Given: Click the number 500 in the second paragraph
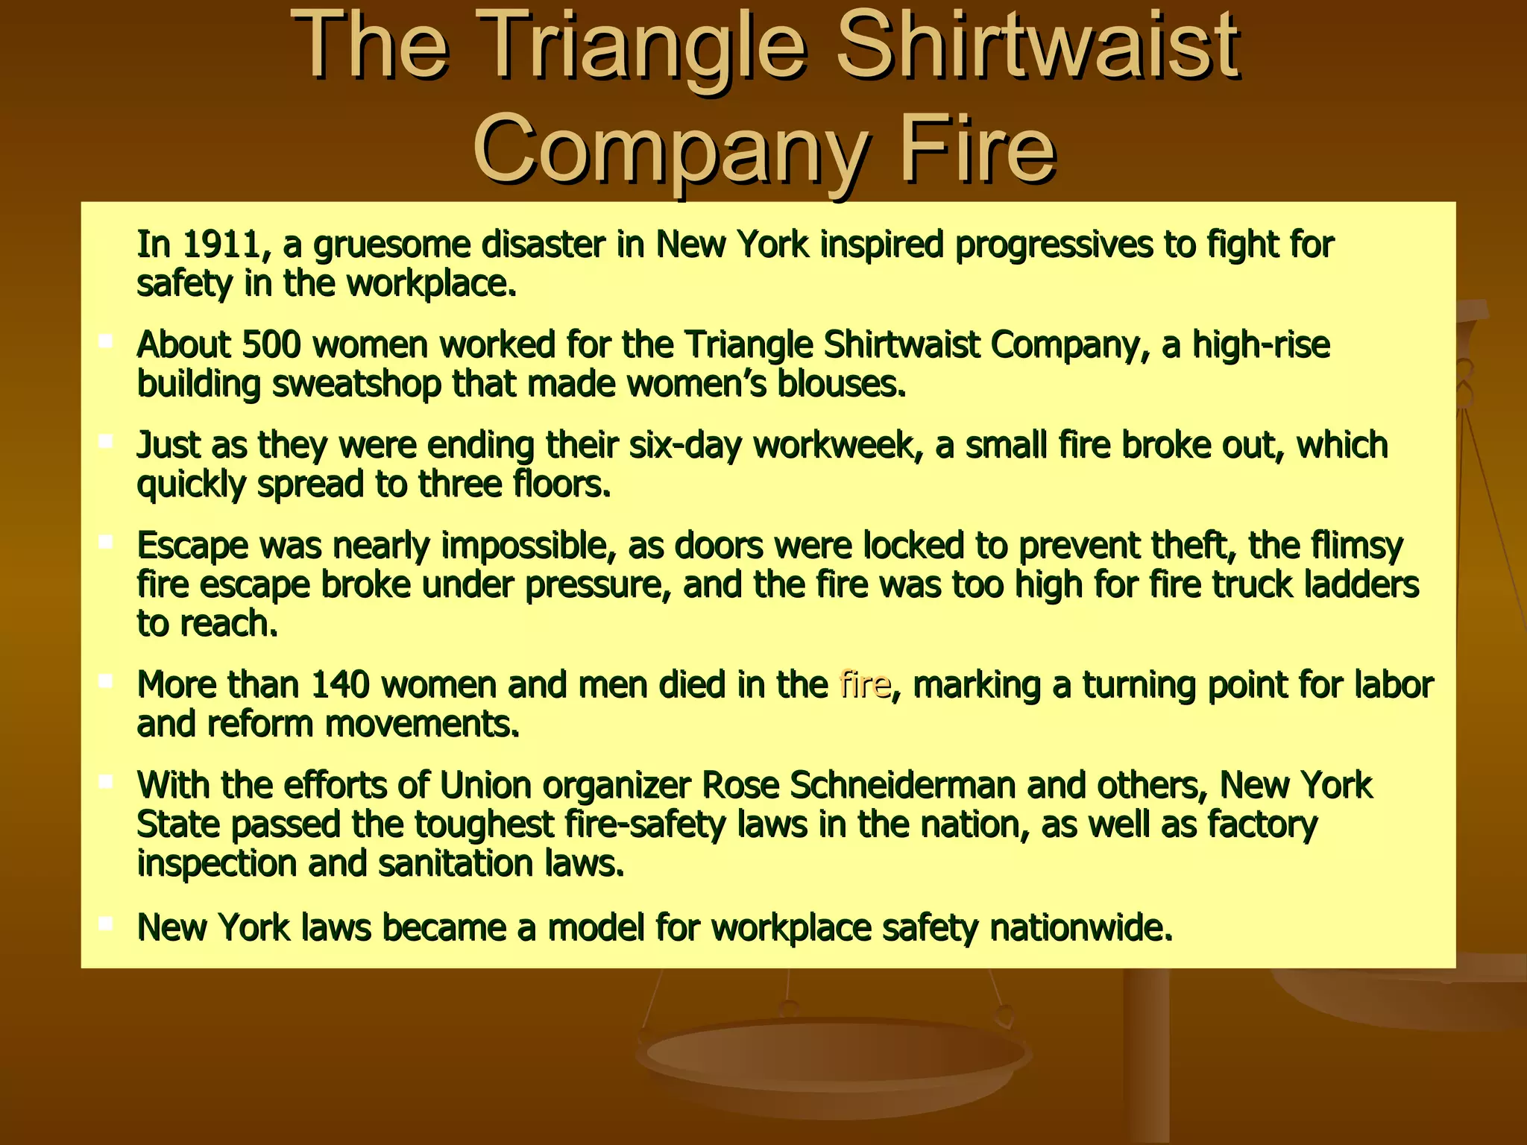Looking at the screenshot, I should [x=271, y=345].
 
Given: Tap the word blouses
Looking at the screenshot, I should [x=842, y=385].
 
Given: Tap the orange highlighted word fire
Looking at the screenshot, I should [x=864, y=685].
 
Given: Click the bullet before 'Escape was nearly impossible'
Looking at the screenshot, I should [x=105, y=542].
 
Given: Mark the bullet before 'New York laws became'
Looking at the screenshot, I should [x=105, y=924].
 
